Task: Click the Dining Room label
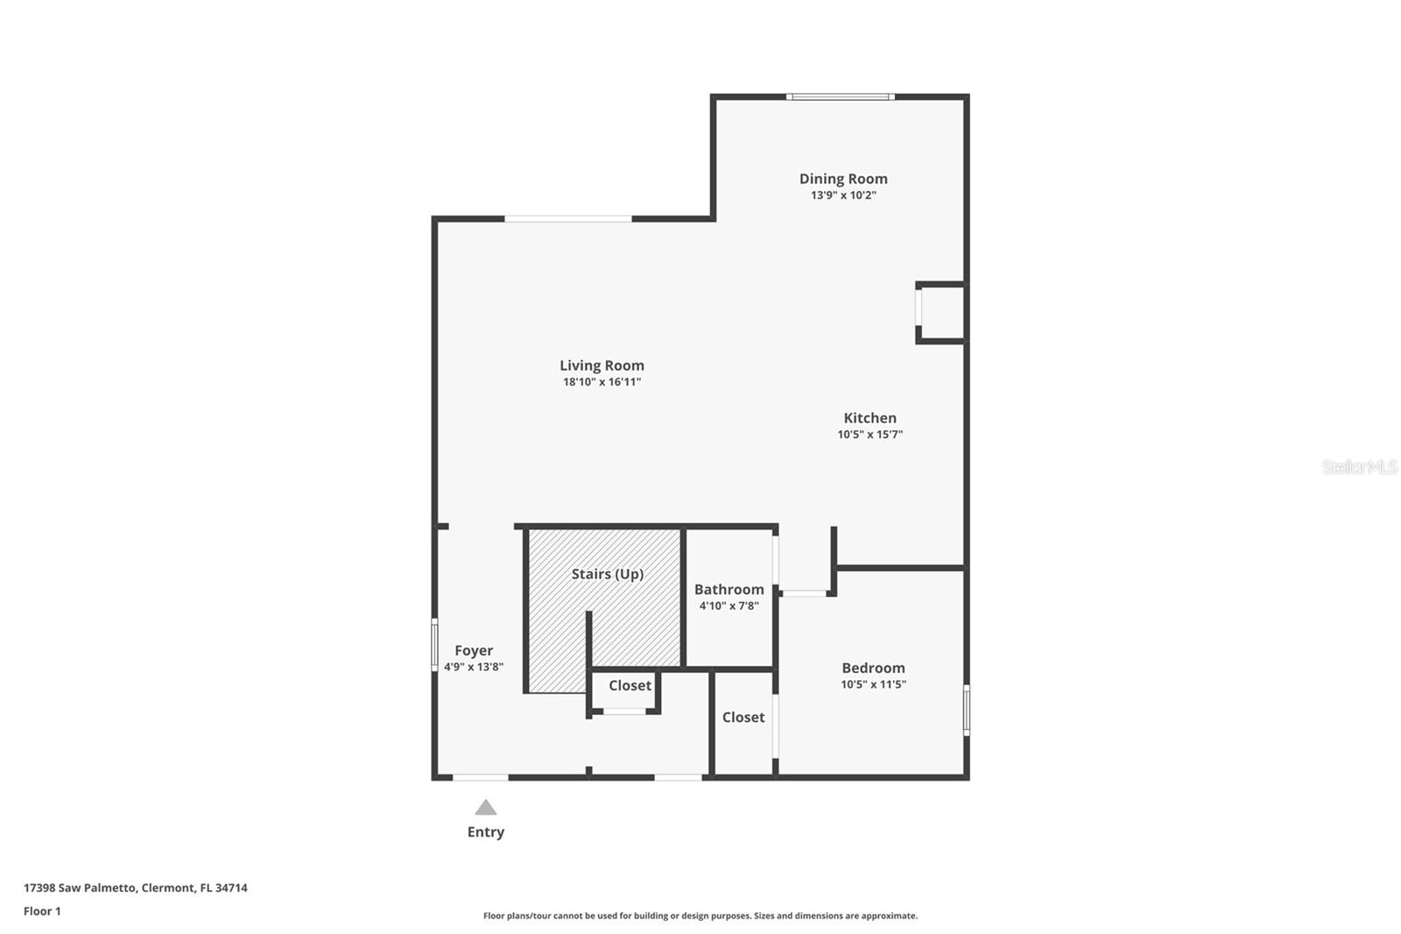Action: (843, 179)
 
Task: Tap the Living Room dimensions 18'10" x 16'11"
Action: (602, 382)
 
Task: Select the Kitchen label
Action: (870, 418)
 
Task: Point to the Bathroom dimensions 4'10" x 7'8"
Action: (729, 606)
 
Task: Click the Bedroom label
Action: (873, 668)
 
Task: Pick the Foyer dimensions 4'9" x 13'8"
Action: (474, 667)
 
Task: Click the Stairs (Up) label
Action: (608, 574)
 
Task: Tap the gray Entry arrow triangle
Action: (485, 807)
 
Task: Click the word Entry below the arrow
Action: (486, 832)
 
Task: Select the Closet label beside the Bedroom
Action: (743, 718)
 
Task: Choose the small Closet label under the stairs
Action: (630, 685)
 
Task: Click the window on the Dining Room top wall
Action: (840, 97)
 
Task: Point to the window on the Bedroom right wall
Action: (967, 710)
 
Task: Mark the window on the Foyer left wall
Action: (434, 645)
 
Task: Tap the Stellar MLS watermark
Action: (1360, 467)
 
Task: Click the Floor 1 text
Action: (43, 911)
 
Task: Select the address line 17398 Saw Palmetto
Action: (136, 888)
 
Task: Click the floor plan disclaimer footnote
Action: (700, 916)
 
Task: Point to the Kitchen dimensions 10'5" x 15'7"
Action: (870, 435)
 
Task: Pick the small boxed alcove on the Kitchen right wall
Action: (940, 313)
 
